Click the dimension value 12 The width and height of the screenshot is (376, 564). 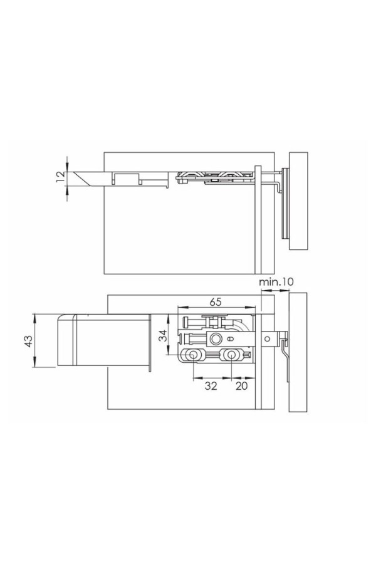[61, 177]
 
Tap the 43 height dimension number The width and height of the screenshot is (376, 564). [28, 341]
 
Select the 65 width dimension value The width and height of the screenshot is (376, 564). [215, 302]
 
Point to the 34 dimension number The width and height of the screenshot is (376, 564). [164, 336]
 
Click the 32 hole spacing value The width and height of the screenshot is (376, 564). [211, 386]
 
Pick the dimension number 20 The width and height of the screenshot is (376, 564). [241, 386]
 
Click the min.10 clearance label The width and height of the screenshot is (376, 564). [276, 281]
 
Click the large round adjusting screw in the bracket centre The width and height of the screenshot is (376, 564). [216, 338]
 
